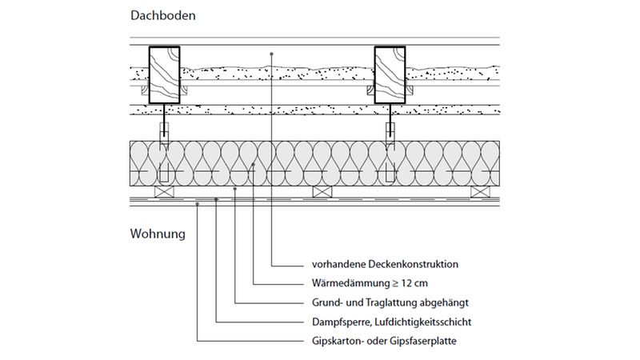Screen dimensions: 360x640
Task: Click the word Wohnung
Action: click(x=157, y=235)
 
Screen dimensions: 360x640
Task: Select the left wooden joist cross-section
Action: click(x=164, y=74)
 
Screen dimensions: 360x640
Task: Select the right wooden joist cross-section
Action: click(x=390, y=74)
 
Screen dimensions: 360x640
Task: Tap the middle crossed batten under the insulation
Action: click(x=322, y=191)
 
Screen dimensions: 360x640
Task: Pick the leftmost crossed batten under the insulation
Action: click(x=164, y=191)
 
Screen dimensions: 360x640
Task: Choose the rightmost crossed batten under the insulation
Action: click(x=480, y=191)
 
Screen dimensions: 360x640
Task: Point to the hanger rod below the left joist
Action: click(x=164, y=126)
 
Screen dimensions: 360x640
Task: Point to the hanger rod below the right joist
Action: click(x=390, y=126)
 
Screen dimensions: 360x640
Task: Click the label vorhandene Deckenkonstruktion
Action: click(x=384, y=263)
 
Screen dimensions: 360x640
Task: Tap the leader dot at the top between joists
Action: click(x=273, y=53)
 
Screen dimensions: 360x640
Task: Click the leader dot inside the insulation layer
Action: click(x=254, y=164)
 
